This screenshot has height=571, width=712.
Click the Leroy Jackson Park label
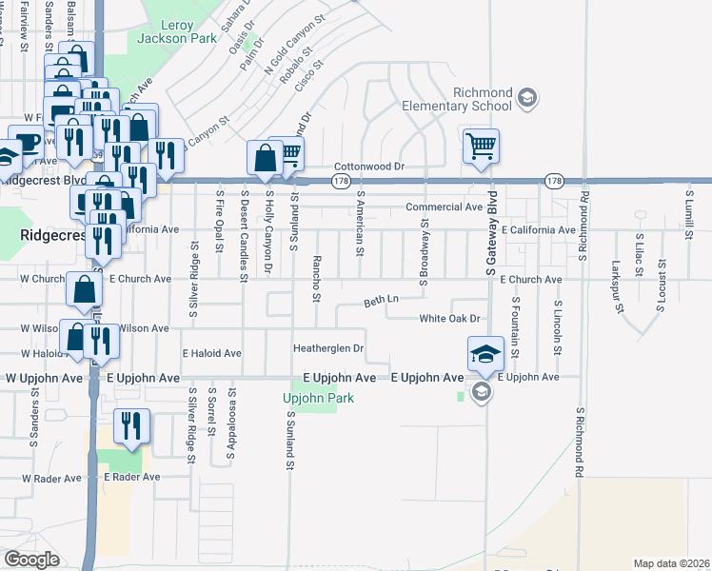click(x=164, y=31)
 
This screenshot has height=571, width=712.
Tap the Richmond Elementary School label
click(x=457, y=99)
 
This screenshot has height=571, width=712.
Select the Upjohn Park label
click(x=318, y=398)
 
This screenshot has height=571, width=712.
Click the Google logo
click(x=31, y=559)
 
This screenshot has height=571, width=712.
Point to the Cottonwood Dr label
click(x=369, y=166)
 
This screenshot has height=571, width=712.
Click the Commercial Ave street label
click(x=444, y=207)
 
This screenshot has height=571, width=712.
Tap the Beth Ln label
click(x=381, y=301)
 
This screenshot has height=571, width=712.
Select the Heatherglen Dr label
click(x=328, y=348)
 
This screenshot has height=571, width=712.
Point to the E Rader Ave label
click(x=132, y=476)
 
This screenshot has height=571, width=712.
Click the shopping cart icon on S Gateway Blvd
click(x=482, y=147)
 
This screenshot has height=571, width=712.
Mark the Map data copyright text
click(x=671, y=562)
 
